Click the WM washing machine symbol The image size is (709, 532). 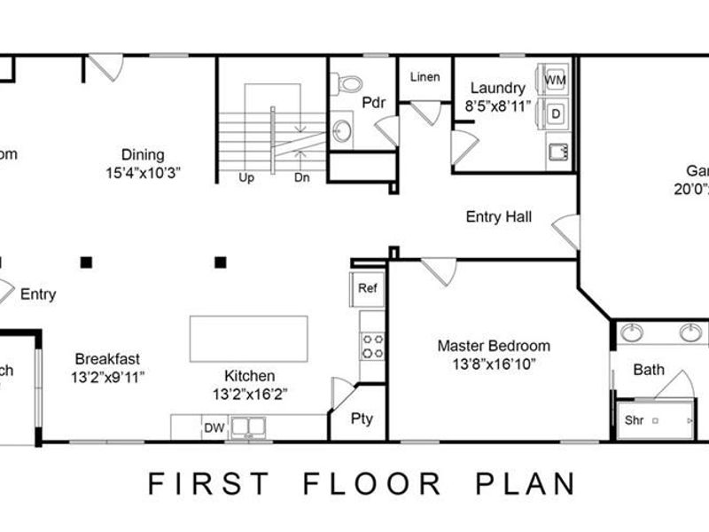click(x=556, y=81)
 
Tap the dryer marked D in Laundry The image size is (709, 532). click(x=556, y=113)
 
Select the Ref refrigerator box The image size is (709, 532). click(x=366, y=288)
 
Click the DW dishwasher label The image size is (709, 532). click(x=214, y=428)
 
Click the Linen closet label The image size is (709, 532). click(x=425, y=77)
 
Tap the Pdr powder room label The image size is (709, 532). click(x=372, y=102)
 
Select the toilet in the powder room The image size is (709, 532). click(x=348, y=83)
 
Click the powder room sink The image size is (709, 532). click(x=342, y=132)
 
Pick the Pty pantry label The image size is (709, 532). click(x=362, y=419)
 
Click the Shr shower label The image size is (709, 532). click(x=634, y=420)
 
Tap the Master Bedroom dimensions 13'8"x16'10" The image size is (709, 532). click(x=494, y=364)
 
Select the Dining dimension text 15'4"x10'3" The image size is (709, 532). click(x=144, y=173)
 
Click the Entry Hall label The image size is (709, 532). click(x=499, y=216)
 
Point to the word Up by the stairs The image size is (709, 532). click(x=246, y=177)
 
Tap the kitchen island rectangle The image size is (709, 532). click(x=249, y=339)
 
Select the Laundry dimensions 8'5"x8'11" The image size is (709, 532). click(x=498, y=106)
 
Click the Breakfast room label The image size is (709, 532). click(x=107, y=359)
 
